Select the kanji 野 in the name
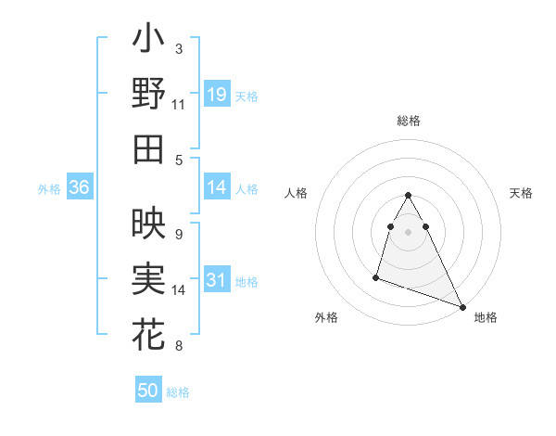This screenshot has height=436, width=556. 148,94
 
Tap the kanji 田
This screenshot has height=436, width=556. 148,148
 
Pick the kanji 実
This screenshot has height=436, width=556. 148,278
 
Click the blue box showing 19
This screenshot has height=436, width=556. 217,95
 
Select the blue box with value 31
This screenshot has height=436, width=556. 217,280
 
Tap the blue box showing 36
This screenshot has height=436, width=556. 80,187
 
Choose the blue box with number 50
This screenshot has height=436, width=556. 148,391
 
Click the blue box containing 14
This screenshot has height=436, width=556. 217,187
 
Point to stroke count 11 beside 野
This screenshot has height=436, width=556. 179,105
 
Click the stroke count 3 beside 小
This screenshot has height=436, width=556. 179,48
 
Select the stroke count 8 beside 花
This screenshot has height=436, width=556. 179,346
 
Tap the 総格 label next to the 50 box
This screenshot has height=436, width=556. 178,392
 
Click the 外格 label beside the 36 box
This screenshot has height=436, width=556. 49,188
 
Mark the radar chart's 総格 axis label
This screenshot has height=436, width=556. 409,121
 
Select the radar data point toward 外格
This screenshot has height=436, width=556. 376,276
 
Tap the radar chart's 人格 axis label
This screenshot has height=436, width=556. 297,193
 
